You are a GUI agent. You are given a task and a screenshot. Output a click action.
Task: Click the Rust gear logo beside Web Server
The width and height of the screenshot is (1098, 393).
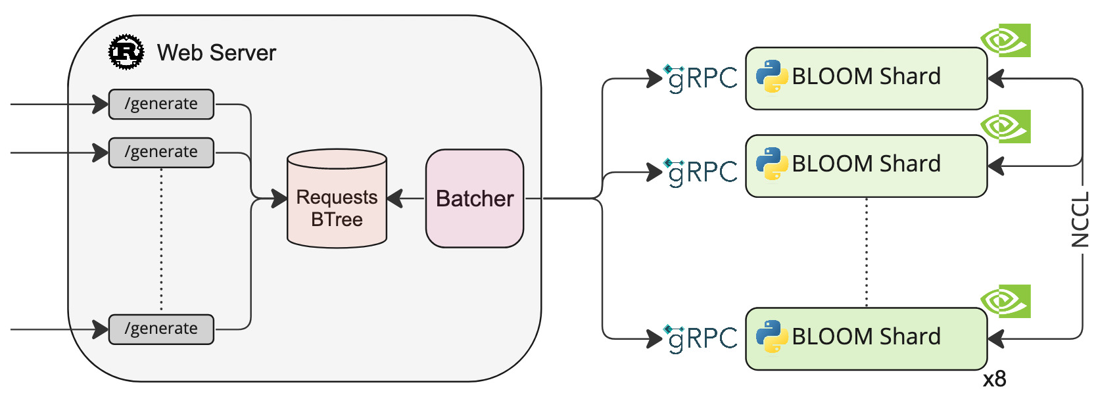tap(126, 51)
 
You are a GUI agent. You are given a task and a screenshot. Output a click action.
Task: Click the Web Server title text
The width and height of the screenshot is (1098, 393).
tap(216, 53)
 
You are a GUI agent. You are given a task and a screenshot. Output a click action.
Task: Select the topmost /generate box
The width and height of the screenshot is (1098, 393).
tap(161, 104)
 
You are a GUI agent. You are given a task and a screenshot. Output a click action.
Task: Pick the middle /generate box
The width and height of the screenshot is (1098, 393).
tap(161, 152)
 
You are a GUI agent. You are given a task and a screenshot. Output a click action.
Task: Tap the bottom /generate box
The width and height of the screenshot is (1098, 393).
tap(161, 329)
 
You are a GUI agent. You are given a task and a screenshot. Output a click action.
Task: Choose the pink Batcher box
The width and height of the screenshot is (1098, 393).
tap(474, 198)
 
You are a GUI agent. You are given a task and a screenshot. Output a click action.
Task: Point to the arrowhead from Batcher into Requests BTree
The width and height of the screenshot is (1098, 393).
tap(394, 198)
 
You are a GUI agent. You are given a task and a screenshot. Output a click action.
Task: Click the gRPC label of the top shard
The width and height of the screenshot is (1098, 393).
tap(702, 78)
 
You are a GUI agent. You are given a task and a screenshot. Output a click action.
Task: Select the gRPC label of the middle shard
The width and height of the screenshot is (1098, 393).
tap(702, 172)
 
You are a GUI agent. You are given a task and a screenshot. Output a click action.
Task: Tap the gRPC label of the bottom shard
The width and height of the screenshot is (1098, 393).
tap(702, 338)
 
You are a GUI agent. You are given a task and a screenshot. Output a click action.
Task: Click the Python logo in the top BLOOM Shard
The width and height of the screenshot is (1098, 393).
tap(772, 76)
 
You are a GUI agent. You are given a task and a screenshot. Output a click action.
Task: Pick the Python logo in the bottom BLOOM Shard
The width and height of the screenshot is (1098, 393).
tap(772, 336)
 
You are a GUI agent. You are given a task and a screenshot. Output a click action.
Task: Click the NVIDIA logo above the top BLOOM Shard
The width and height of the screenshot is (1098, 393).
tap(1005, 41)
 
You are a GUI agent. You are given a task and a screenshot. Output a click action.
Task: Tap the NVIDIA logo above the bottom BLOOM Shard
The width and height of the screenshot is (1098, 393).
tap(1005, 301)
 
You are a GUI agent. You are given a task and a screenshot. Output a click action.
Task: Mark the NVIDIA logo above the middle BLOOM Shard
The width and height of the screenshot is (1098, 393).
tap(1005, 127)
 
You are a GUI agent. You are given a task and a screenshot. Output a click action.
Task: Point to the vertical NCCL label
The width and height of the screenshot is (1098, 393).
tap(1080, 220)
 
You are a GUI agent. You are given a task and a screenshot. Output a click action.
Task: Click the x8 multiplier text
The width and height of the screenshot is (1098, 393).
tap(995, 379)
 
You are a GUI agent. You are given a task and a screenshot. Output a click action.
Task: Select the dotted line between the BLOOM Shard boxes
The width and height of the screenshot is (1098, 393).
tap(866, 252)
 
